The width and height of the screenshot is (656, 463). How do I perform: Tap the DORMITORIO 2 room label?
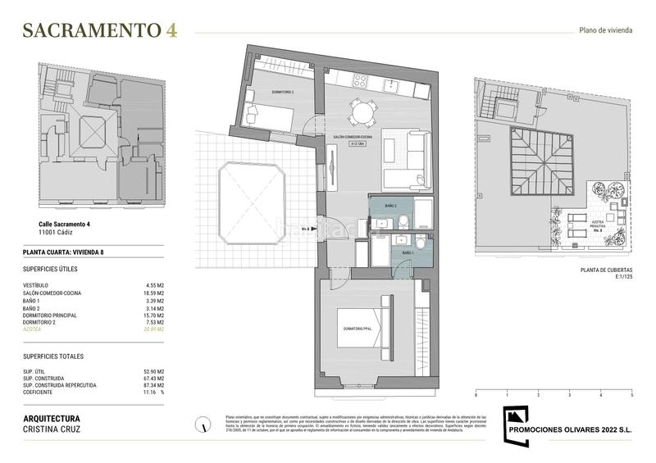282,93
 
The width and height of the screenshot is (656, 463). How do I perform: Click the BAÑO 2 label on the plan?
390,206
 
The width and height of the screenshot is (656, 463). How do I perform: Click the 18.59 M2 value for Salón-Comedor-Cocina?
155,293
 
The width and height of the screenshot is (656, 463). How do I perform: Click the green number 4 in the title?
171,30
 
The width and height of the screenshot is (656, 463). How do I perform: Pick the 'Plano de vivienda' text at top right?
604,31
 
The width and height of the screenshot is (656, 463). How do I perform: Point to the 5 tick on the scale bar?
631,395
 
